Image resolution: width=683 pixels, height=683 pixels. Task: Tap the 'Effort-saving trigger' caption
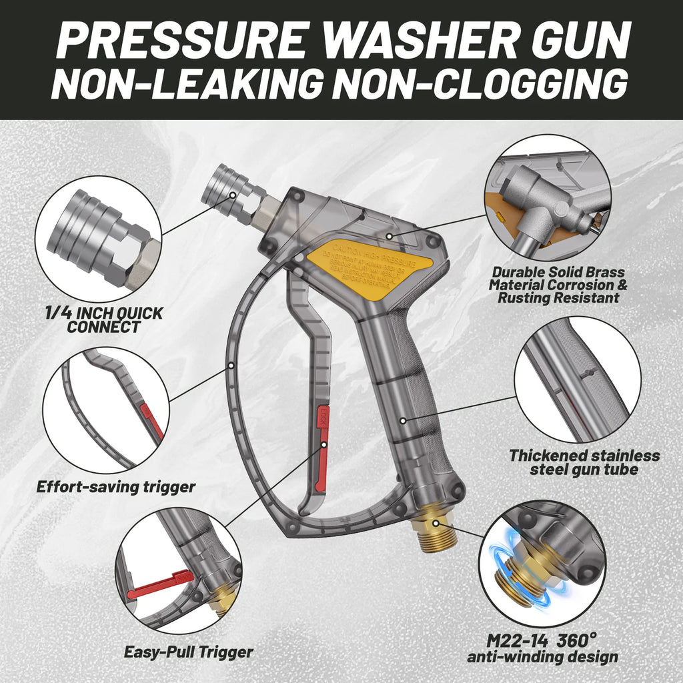tap(115, 487)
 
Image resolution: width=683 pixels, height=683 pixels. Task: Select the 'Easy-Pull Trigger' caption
tap(189, 652)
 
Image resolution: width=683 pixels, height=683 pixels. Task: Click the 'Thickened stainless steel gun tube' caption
tap(584, 463)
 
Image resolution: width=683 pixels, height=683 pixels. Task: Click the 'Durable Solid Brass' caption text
tap(558, 272)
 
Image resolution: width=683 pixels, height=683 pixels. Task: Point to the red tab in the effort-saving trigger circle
tap(153, 420)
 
